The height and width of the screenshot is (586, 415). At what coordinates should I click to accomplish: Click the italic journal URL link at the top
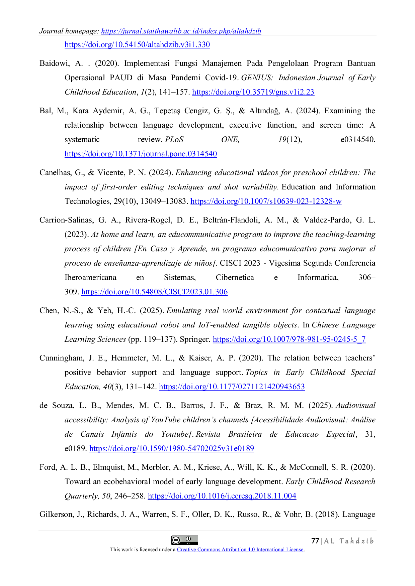pos(181,31)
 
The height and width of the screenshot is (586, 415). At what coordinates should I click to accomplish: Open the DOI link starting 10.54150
pos(137,45)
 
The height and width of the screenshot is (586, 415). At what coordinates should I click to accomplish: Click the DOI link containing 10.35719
pos(253,92)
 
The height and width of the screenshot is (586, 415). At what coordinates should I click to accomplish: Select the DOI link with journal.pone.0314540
pos(141,154)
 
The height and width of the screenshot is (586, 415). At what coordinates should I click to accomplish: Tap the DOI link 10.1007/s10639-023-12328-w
pos(266,201)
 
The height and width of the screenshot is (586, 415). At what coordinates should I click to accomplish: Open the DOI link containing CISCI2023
pos(154,292)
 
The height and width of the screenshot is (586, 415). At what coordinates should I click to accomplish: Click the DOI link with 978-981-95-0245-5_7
pos(289,339)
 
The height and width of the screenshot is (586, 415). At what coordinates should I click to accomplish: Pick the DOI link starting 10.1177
pos(232,387)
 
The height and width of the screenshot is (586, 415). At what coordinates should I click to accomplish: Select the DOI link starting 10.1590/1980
pos(171,448)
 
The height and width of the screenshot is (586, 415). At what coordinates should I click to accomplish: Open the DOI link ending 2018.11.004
pos(222,496)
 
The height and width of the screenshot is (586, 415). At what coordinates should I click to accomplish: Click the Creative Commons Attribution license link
pos(240,550)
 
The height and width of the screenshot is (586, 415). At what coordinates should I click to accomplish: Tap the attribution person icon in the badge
pos(188,539)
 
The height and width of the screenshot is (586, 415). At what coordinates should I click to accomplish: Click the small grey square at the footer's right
pos(329,542)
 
